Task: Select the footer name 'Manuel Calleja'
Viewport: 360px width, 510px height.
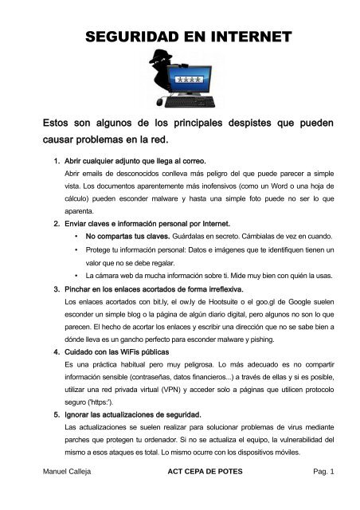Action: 68,494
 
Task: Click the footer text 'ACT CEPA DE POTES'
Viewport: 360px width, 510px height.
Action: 190,494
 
